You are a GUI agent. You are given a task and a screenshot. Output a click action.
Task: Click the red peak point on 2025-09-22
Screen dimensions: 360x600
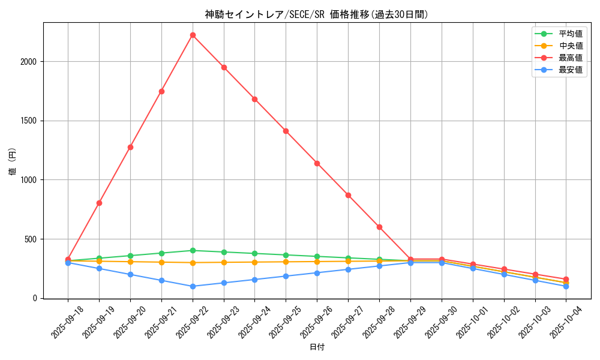point(193,35)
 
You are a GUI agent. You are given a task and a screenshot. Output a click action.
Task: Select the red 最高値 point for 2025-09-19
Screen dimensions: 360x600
point(99,203)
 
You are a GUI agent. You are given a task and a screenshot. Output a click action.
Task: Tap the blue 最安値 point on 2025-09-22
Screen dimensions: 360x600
point(193,286)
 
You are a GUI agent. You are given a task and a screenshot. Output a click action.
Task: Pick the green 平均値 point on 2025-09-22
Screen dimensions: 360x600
point(193,251)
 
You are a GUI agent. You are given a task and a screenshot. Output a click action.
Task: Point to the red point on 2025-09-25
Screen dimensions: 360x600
point(286,131)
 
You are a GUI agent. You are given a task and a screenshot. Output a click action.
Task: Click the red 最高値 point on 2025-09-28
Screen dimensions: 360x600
point(379,227)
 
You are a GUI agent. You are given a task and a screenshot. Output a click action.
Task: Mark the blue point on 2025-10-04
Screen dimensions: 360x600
point(566,286)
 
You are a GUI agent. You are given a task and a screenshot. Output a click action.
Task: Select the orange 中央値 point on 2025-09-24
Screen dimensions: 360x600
point(255,262)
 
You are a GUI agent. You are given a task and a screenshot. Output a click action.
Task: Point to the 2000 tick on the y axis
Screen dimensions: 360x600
point(29,62)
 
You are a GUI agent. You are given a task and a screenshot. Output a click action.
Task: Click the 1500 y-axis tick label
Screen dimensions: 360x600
point(29,121)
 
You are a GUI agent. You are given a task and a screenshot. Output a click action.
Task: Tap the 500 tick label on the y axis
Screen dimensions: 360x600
point(32,239)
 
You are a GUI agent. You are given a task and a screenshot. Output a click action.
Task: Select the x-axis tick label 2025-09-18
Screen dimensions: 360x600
point(67,322)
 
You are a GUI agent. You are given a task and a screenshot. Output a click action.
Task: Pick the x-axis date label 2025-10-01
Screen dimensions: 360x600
point(472,322)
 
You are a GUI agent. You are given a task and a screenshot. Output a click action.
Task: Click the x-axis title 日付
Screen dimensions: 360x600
point(317,347)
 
